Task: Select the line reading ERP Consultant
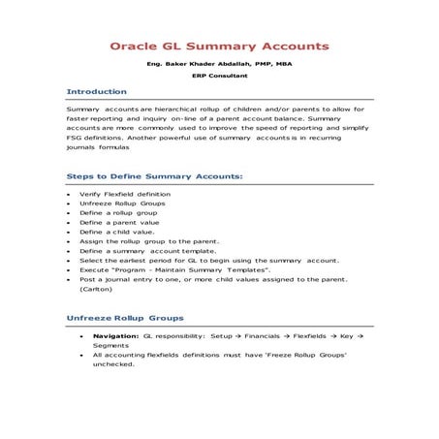click(219, 78)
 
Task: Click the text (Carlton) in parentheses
click(96, 289)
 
